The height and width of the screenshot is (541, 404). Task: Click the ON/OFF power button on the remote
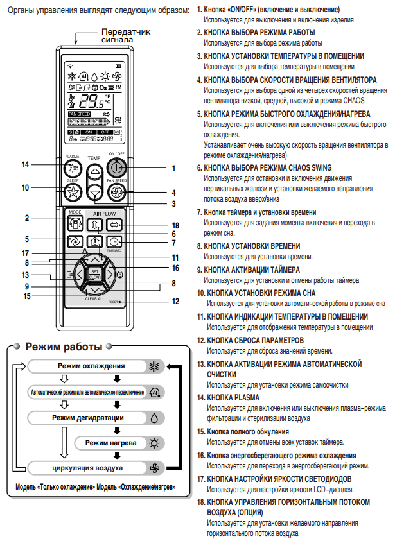(116, 168)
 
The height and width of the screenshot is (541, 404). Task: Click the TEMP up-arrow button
(94, 171)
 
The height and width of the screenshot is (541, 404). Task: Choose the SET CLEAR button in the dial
(94, 274)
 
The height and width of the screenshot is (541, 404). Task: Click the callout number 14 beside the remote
(25, 165)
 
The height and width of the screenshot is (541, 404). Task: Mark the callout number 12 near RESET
(175, 301)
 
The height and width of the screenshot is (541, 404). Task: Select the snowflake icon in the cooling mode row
(153, 366)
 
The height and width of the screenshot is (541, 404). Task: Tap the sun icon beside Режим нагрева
(153, 443)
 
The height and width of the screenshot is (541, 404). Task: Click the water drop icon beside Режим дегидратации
(153, 417)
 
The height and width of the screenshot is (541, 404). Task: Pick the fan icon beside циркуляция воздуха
(153, 468)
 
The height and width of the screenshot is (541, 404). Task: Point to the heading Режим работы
(64, 347)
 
